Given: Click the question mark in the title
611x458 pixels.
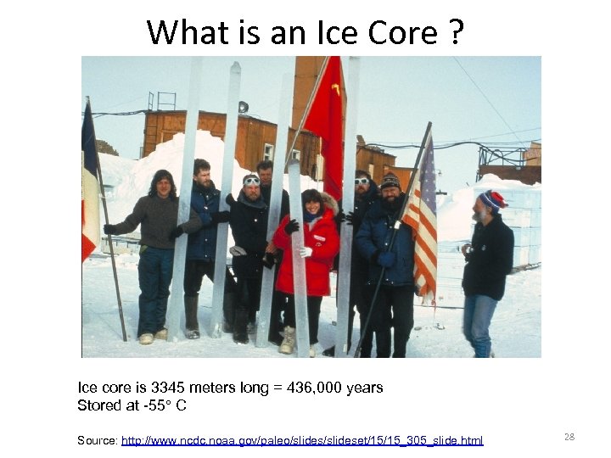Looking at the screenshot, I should [456, 32].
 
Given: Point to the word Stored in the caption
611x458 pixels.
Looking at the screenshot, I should [100, 405].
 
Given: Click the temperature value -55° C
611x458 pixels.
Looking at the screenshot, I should [165, 405].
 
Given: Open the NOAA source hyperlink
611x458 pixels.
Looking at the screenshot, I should [302, 440].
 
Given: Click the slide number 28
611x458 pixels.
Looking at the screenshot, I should [569, 437].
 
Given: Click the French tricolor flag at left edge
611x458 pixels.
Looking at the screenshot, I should [89, 187].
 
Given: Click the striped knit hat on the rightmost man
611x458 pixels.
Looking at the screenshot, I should [491, 200].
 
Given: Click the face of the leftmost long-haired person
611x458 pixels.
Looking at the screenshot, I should [162, 184].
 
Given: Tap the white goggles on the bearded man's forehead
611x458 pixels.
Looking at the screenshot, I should [252, 181].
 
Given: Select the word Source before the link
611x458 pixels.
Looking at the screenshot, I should [97, 440].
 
